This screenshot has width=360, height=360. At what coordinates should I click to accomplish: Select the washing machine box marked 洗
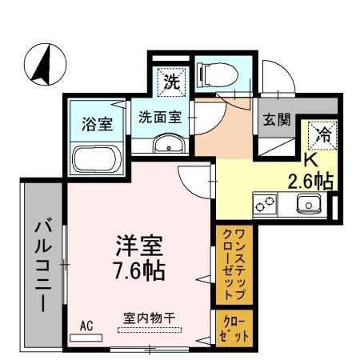(x=172, y=80)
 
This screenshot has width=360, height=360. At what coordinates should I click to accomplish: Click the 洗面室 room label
(x=160, y=114)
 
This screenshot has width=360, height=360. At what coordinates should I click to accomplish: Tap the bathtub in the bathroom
(x=97, y=158)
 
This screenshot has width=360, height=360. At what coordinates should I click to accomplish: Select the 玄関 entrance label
(x=276, y=122)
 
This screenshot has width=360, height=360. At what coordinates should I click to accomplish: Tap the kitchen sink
(x=309, y=204)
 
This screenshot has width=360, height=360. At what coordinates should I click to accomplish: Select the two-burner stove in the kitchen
(x=266, y=205)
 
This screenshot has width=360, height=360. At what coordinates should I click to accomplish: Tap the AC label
(x=86, y=325)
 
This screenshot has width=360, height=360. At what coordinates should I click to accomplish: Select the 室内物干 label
(x=150, y=317)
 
